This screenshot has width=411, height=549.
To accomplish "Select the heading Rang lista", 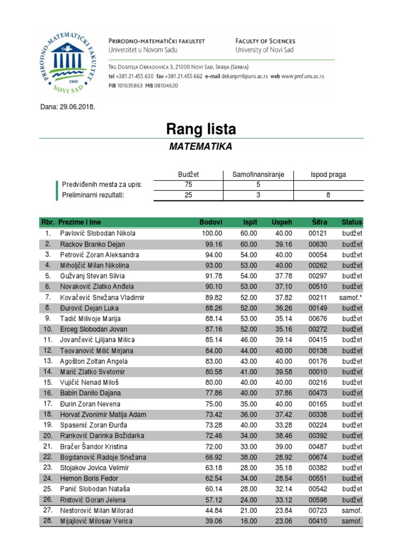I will pyautogui.click(x=201, y=129).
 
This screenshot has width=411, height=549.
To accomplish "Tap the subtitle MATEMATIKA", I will pyautogui.click(x=201, y=146).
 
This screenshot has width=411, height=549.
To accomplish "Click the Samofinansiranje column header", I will pyautogui.click(x=258, y=175).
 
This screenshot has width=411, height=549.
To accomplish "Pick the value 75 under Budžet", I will pyautogui.click(x=187, y=185).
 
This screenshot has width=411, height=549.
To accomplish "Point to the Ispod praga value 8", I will pyautogui.click(x=328, y=195).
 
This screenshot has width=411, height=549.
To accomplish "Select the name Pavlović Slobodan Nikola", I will pyautogui.click(x=98, y=233).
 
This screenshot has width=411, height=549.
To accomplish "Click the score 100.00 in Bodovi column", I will pyautogui.click(x=211, y=233).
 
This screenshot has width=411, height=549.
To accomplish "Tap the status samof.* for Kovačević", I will pyautogui.click(x=351, y=297).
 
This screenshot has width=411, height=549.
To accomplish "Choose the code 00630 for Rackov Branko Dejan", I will pyautogui.click(x=318, y=244).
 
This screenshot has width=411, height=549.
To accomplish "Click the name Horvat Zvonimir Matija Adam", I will pyautogui.click(x=103, y=414).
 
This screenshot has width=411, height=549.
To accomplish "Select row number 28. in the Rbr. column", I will pyautogui.click(x=48, y=521).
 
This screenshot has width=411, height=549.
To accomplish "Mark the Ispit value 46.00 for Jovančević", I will pyautogui.click(x=248, y=340).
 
